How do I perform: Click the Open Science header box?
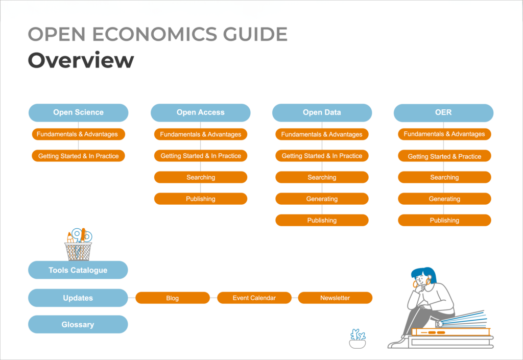tap(78, 113)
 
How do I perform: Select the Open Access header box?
tap(200, 113)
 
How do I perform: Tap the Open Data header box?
tap(322, 113)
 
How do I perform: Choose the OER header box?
tap(444, 113)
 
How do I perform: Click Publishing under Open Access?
tap(200, 199)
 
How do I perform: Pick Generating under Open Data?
tap(322, 199)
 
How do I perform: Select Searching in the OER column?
tap(444, 177)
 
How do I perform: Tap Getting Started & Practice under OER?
tap(444, 156)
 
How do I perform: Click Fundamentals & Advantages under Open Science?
tap(78, 134)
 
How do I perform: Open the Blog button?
tap(173, 298)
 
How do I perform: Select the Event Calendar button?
tap(254, 298)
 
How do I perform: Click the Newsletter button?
tap(335, 298)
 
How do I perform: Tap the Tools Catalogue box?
tap(78, 270)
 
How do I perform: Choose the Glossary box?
tap(78, 324)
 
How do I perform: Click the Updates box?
tap(78, 298)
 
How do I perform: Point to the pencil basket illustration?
tap(78, 245)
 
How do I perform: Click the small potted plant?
tap(358, 339)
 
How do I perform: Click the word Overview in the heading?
tap(81, 60)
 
